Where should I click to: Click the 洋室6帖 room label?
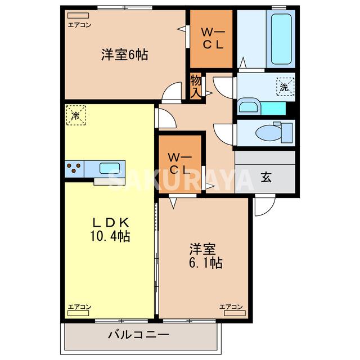pyautogui.click(x=124, y=55)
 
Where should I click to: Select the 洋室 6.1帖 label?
pyautogui.click(x=204, y=255)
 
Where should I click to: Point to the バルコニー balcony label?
pyautogui.click(x=138, y=335)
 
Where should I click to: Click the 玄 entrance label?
pyautogui.click(x=265, y=178)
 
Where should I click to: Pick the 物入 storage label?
pyautogui.click(x=195, y=86)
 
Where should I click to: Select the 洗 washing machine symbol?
pyautogui.click(x=284, y=87)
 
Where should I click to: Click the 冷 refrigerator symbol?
pyautogui.click(x=75, y=115)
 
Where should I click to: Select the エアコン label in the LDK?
pyautogui.click(x=79, y=307)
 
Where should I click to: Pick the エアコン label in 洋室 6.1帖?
pyautogui.click(x=231, y=307)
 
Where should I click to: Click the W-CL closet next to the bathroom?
pyautogui.click(x=210, y=37)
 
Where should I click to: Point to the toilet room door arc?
pyautogui.click(x=223, y=134)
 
